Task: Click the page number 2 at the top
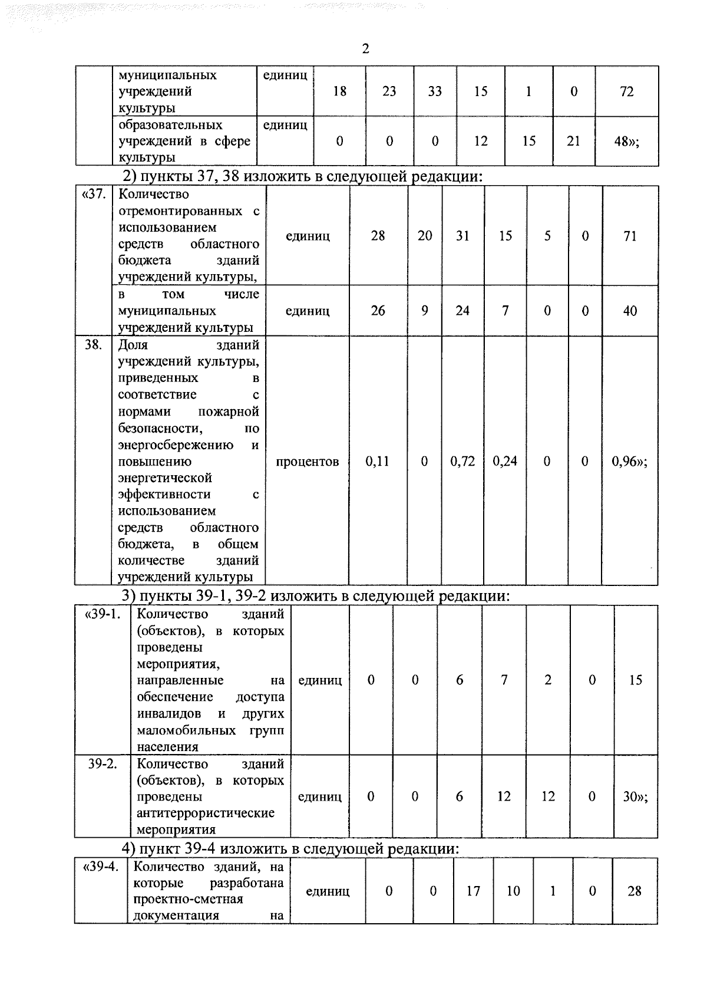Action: click(365, 49)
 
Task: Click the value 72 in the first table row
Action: click(626, 91)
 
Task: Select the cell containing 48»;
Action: click(626, 141)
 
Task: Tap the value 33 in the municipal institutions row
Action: click(435, 91)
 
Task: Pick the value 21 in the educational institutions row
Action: click(573, 141)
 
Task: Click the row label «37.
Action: click(93, 195)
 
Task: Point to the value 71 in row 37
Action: click(630, 236)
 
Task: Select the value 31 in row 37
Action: click(462, 236)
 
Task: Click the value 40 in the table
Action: click(630, 311)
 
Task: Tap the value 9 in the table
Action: click(424, 311)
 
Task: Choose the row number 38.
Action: click(93, 345)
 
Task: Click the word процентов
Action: click(307, 462)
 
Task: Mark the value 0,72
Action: click(462, 462)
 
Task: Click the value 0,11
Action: click(377, 462)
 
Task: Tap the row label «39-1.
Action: click(103, 614)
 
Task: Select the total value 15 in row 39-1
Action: click(635, 680)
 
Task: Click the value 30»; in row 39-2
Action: click(635, 797)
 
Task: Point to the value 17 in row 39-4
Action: click(473, 891)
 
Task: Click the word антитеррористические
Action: click(205, 814)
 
